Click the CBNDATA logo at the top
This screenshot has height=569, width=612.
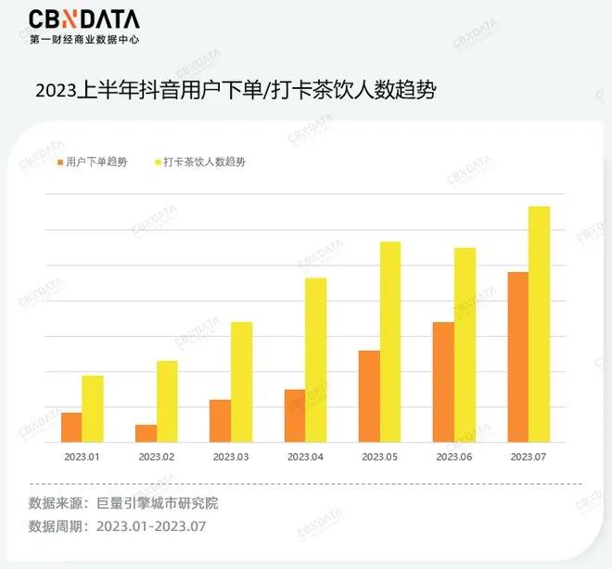pos(84,19)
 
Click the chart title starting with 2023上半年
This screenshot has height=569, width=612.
pos(235,91)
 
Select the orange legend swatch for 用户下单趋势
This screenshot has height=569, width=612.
pos(60,162)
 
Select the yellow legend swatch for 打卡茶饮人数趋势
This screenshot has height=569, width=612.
pos(157,162)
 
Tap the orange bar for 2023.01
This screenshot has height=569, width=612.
pos(71,428)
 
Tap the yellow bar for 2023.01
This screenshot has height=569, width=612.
pos(93,409)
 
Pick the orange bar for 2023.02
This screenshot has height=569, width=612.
pos(146,433)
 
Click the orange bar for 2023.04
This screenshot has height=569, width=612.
pos(294,416)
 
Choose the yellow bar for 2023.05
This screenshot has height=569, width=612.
pos(390,343)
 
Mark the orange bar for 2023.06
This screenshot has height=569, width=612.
pos(443,382)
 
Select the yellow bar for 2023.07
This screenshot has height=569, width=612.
pos(539,325)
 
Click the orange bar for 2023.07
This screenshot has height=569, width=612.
pos(517,357)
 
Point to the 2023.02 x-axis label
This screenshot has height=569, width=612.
pos(157,458)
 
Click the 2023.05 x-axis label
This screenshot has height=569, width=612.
pos(379,458)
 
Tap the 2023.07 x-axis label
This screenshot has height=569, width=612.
pos(528,458)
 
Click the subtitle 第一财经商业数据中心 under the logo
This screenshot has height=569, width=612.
pos(86,40)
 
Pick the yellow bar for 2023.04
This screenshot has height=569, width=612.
pos(316,360)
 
